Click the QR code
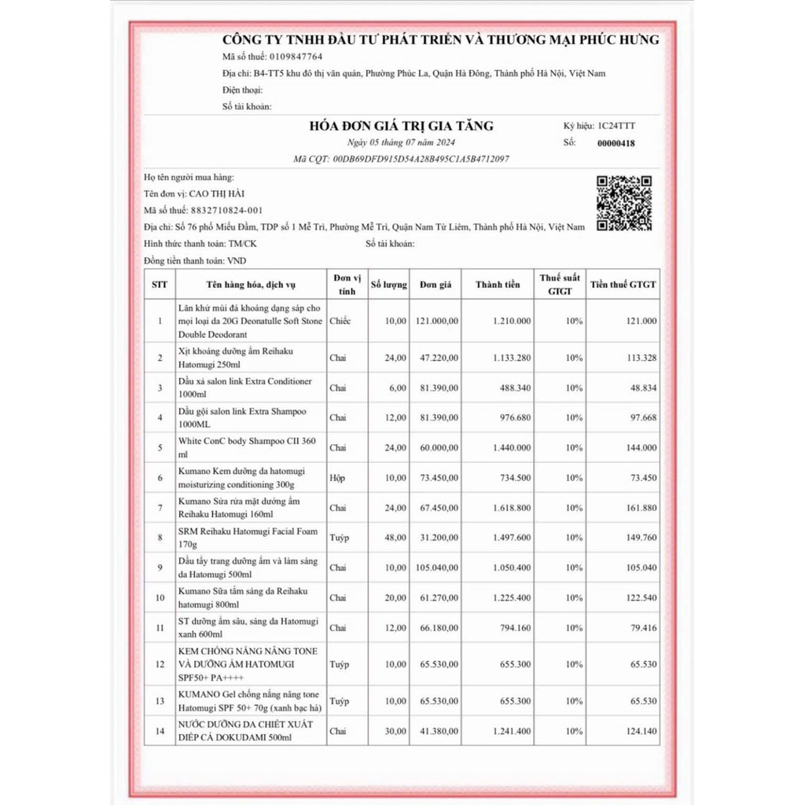pos(624,203)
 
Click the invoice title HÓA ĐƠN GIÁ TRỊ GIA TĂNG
pos(402,126)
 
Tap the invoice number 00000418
pos(616,143)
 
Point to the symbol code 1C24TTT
pos(619,126)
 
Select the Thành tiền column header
pos(498,285)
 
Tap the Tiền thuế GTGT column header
pos(623,285)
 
